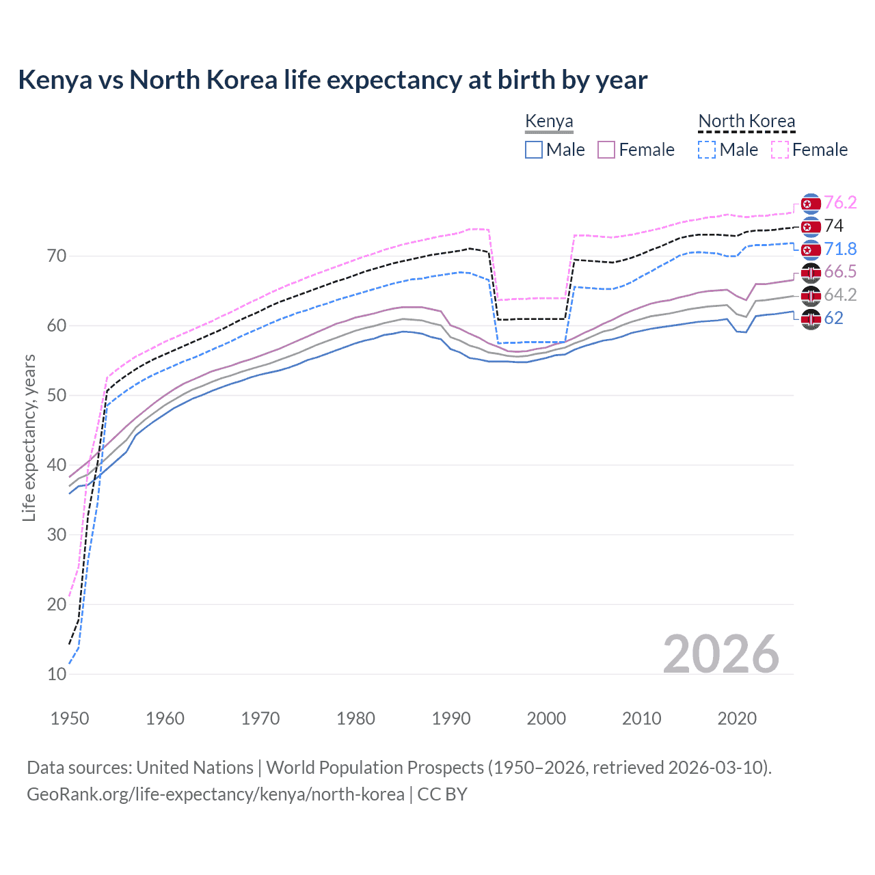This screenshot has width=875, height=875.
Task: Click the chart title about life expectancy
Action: pos(332,80)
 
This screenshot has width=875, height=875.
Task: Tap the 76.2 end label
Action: pos(840,202)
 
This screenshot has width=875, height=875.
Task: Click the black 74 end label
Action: pos(834,226)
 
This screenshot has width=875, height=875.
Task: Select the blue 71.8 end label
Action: pos(840,249)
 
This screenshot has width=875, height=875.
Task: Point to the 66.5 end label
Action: pos(840,272)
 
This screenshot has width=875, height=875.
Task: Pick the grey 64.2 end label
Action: pos(840,295)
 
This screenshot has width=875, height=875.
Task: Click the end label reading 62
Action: pos(834,318)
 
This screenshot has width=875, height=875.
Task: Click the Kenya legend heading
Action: pos(549,122)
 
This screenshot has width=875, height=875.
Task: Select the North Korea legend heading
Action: pos(746,122)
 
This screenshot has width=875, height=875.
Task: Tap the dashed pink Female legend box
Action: pos(780,150)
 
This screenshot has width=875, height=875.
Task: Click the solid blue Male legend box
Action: pos(534,150)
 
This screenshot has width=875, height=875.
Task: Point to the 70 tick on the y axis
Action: pos(57,256)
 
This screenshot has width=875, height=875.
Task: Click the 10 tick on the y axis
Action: pos(57,674)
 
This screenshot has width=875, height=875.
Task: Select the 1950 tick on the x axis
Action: pos(70,718)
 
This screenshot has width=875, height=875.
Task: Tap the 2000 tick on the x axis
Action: pos(546,718)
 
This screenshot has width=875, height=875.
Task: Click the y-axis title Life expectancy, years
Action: pos(29,437)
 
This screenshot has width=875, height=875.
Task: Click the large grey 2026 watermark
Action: pos(721,654)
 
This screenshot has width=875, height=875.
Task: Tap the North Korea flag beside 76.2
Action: pos(811,204)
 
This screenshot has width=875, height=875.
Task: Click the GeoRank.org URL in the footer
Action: pos(215,794)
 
